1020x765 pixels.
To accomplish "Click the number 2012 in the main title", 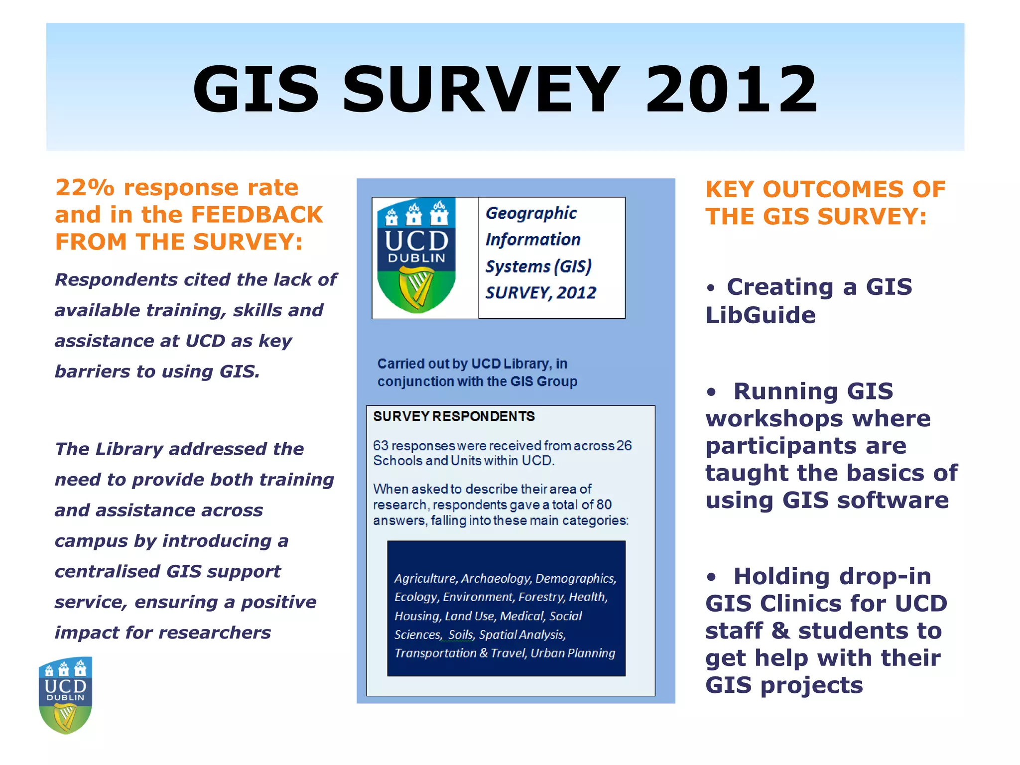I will tap(731, 90).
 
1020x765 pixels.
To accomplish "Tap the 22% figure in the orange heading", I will tap(85, 188).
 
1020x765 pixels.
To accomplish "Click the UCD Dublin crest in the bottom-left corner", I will tap(66, 695).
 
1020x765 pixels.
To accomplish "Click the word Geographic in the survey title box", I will tap(531, 213).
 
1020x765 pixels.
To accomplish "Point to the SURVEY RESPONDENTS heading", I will tap(454, 416).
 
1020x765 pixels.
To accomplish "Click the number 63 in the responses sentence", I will tap(381, 445).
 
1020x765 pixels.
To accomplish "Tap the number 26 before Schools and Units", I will tap(624, 445).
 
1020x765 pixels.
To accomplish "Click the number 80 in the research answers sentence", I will tap(604, 505).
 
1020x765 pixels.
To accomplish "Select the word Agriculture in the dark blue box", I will tap(425, 578).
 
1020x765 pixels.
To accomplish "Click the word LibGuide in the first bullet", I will tap(761, 315).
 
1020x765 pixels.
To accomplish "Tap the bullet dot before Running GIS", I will tap(711, 392).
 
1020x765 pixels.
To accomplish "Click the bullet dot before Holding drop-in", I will tap(711, 578).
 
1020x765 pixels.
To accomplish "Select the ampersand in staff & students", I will tap(780, 631).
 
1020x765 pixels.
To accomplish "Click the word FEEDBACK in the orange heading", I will tap(257, 215).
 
